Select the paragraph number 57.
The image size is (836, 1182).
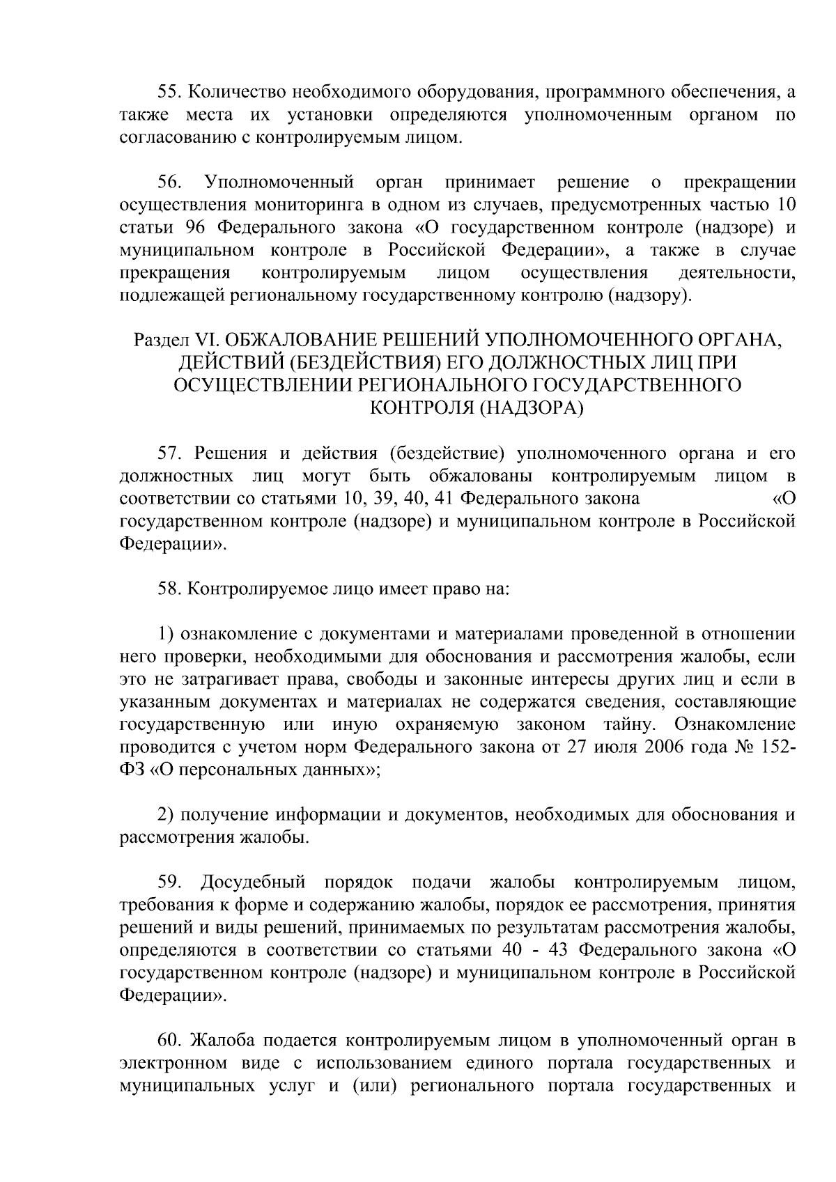click(x=169, y=454)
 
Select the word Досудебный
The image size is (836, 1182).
click(x=254, y=883)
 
